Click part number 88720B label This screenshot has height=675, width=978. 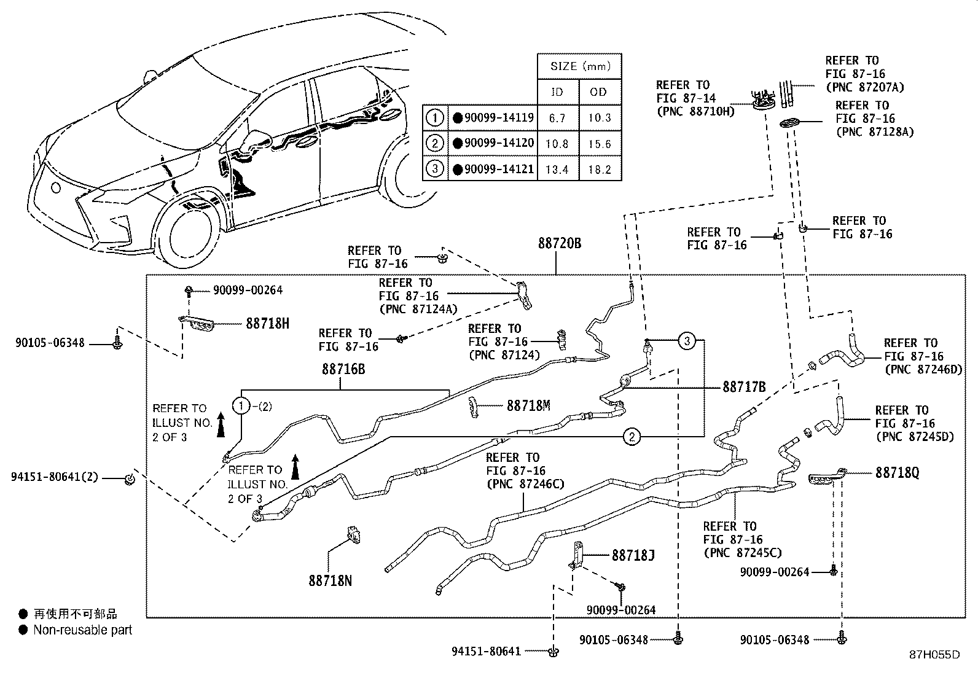(559, 243)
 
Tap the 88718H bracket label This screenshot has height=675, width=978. (267, 324)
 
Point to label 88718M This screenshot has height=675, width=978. (528, 405)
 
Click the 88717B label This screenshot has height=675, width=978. (744, 388)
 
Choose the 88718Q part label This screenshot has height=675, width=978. (897, 473)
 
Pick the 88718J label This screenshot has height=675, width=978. (633, 556)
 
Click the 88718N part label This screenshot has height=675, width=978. (330, 580)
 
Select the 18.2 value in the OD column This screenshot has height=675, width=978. (599, 170)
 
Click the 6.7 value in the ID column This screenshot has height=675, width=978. (557, 118)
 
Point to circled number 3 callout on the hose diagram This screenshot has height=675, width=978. (687, 340)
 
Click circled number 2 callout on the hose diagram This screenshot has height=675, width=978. (632, 437)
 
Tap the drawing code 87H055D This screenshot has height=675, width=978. (934, 655)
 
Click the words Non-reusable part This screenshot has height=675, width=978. (82, 630)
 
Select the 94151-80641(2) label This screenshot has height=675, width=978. (57, 477)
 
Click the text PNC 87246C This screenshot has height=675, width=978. (525, 484)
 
